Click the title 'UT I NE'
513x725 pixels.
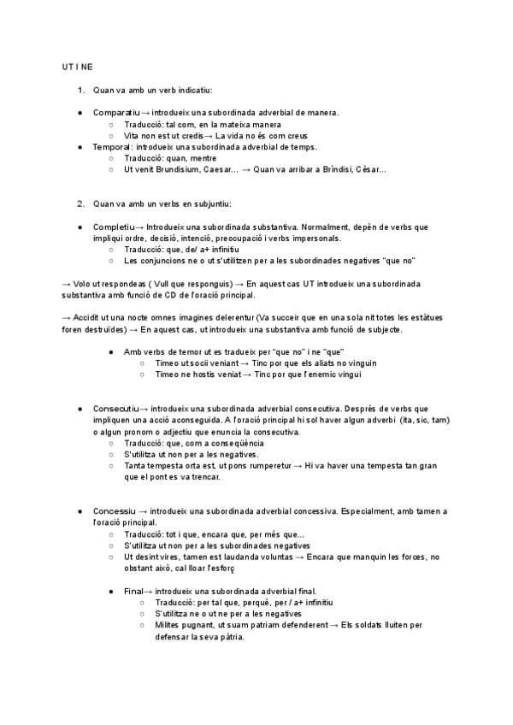click(78, 67)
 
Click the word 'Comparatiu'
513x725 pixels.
click(115, 113)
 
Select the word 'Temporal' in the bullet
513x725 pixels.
click(111, 147)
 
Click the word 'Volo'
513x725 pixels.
click(86, 283)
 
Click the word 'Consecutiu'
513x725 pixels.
click(115, 410)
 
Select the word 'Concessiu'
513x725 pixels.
click(114, 511)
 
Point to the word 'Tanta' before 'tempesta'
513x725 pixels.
click(135, 466)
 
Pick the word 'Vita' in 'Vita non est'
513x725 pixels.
click(132, 135)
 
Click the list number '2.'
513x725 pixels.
click(81, 203)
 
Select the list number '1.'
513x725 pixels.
click(81, 90)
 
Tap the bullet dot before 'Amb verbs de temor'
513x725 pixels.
click(111, 351)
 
